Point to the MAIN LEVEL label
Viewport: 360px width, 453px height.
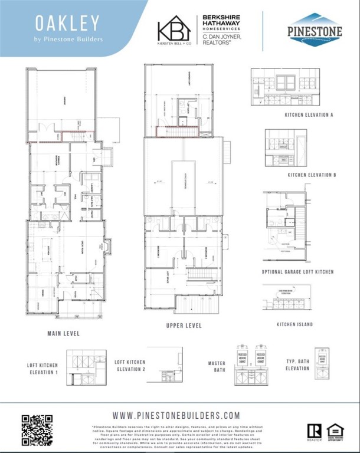[x=64, y=333]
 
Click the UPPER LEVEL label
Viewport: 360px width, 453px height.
[x=184, y=326]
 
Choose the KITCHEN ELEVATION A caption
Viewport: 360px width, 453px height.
[x=309, y=115]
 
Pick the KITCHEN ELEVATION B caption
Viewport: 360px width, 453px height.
[x=312, y=175]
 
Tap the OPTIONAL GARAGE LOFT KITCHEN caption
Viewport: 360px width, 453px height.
[x=298, y=272]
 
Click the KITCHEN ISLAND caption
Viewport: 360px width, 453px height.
[x=294, y=324]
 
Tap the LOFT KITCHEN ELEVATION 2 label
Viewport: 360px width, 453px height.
[x=129, y=365]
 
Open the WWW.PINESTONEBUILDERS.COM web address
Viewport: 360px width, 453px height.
[x=176, y=415]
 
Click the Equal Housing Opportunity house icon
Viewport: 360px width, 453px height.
[x=335, y=431]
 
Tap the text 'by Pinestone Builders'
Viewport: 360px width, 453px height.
[x=68, y=40]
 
